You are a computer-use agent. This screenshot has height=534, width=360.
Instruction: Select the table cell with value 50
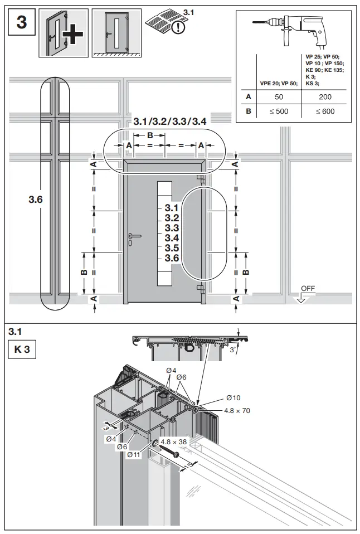coord(279,96)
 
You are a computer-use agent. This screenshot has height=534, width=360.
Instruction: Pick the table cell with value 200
coord(325,96)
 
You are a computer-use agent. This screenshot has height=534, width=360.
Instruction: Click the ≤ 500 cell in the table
coord(279,111)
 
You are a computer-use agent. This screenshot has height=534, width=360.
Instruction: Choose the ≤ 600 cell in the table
coord(325,111)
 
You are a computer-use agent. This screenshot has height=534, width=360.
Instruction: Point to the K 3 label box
coord(22,351)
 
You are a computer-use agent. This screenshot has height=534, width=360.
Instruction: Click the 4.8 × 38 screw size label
coord(173,441)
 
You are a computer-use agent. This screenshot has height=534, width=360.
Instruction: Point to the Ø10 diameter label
coord(233,398)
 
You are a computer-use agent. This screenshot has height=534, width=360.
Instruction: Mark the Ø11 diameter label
coord(134,455)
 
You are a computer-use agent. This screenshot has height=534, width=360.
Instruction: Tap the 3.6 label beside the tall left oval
coord(36,199)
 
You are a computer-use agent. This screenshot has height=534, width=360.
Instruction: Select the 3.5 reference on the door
coord(172,248)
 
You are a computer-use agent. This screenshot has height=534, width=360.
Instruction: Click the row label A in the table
coord(248,96)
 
